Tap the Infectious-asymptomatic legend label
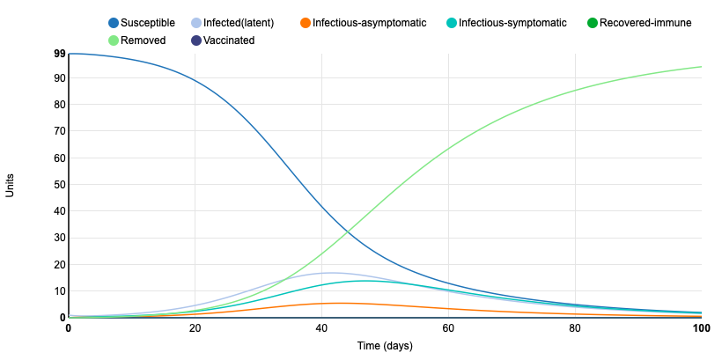click(x=370, y=22)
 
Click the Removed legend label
click(x=143, y=40)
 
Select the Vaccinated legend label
click(x=229, y=40)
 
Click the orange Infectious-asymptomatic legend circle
click(x=305, y=22)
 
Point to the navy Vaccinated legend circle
click(x=195, y=40)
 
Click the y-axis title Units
click(x=11, y=186)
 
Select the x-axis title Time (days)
click(x=385, y=346)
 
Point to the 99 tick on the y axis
click(x=60, y=54)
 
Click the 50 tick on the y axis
click(x=60, y=185)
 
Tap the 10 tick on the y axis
click(x=60, y=291)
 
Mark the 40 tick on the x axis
click(x=321, y=328)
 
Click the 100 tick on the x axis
click(x=701, y=328)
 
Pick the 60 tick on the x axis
click(x=448, y=328)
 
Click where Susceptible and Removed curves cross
click(x=348, y=233)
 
